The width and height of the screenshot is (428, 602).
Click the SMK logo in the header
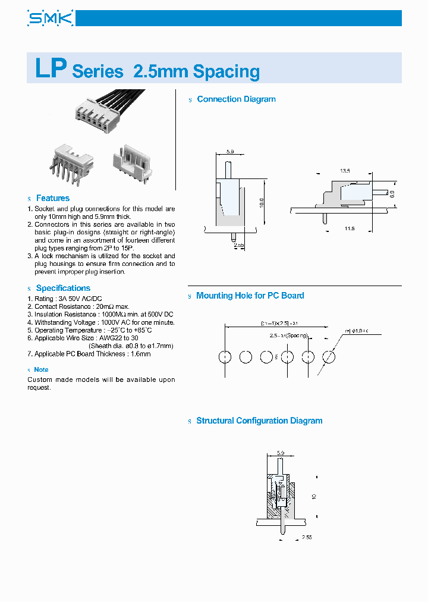click(50, 18)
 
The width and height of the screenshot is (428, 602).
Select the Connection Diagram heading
click(236, 99)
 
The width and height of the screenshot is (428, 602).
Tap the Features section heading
click(52, 198)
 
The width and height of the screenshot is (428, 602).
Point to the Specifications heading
click(63, 288)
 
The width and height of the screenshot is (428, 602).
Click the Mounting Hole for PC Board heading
click(250, 296)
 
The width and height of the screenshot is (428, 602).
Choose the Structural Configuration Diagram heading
click(259, 421)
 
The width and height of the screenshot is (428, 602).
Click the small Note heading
click(41, 369)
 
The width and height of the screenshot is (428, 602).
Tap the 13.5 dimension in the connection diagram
click(345, 171)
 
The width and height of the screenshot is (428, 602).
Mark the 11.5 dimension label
click(349, 228)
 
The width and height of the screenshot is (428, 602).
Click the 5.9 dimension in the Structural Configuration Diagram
click(281, 453)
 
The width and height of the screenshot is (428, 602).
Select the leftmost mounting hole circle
click(225, 357)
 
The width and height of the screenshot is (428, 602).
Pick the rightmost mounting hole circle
click(329, 357)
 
